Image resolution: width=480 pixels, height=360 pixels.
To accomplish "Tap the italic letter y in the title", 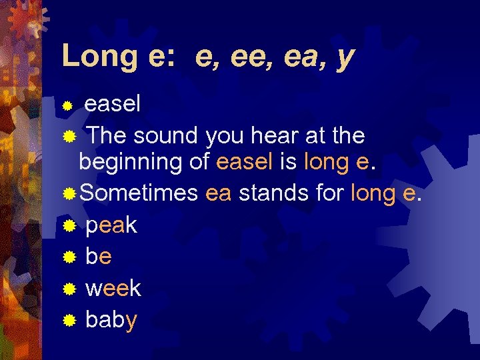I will coord(345,59).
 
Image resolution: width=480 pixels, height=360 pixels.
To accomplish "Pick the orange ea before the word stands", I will coord(219,193).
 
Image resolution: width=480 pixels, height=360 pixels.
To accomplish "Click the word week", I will coord(113,288).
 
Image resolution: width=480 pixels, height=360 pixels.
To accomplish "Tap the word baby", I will coord(111,320).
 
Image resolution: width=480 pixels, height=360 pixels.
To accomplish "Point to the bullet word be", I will coord(99,257).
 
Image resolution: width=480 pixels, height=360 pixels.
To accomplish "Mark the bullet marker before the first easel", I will coord(67,105).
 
